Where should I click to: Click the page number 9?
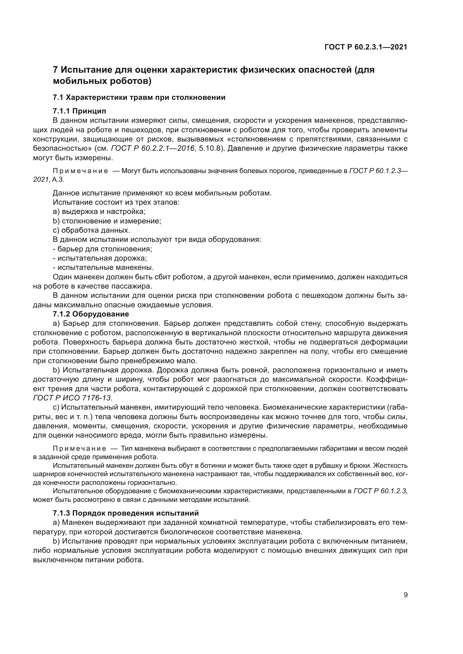tap(406, 595)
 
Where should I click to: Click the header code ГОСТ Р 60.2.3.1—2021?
tap(366, 47)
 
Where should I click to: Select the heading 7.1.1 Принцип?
tap(79, 111)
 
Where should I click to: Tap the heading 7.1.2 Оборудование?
tap(91, 314)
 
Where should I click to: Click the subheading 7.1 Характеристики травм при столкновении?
tap(139, 97)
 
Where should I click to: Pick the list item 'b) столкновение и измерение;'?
tap(107, 221)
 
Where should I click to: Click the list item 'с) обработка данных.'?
tap(92, 230)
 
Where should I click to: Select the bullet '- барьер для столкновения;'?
tap(102, 249)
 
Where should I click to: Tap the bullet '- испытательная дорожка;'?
tap(100, 258)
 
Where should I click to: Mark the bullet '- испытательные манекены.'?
tap(103, 268)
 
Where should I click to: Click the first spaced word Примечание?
tap(80, 171)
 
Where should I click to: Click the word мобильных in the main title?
tap(76, 81)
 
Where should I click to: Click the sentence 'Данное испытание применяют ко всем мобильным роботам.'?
tap(162, 193)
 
